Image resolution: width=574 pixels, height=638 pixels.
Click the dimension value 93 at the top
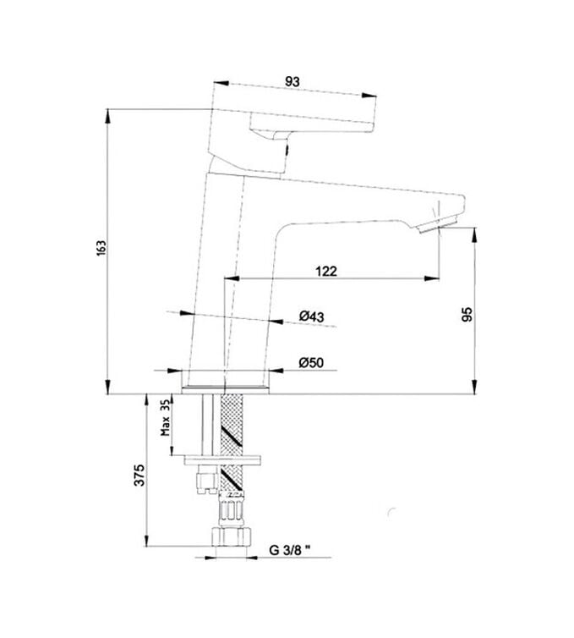tap(292, 81)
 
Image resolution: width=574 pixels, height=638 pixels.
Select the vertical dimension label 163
tap(100, 248)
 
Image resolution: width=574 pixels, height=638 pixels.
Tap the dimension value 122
tap(326, 271)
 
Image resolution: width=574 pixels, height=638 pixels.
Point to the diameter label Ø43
tap(312, 316)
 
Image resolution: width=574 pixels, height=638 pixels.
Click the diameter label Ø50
tap(311, 363)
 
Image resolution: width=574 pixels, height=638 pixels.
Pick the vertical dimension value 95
tap(466, 314)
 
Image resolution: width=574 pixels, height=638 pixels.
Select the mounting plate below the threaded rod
tap(224, 459)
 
